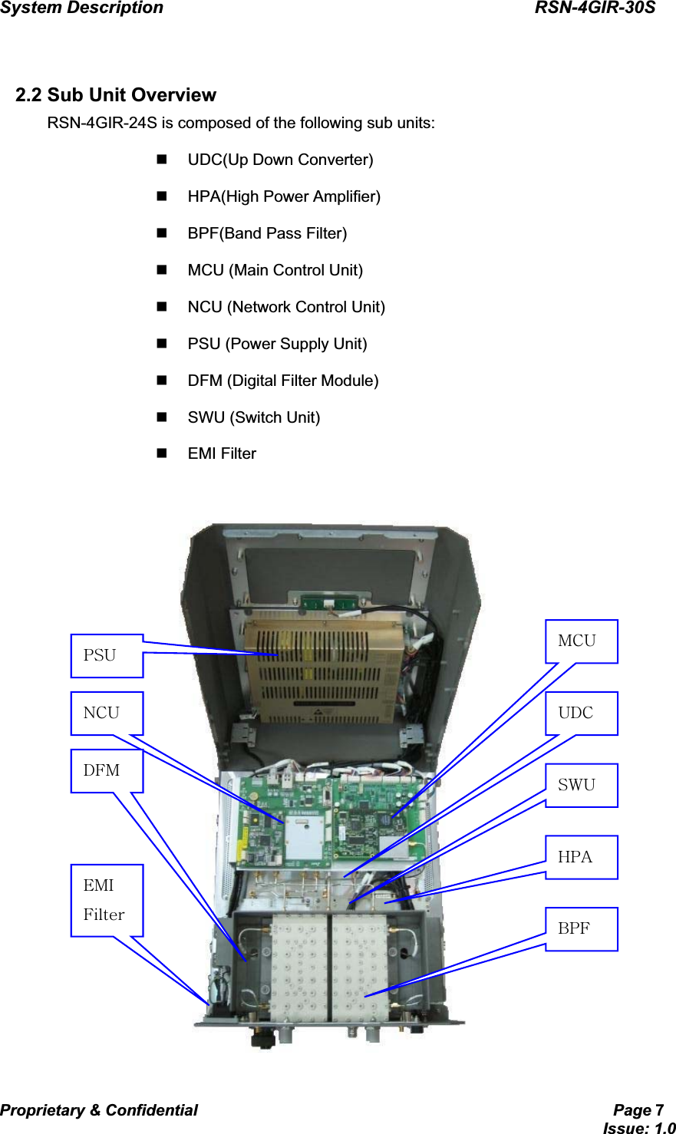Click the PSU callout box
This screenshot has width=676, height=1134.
pos(107,656)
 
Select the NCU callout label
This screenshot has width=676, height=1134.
pos(107,714)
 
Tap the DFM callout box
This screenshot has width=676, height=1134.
pos(107,771)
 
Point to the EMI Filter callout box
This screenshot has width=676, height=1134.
pos(107,900)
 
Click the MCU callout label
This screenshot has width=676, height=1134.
pos(581,641)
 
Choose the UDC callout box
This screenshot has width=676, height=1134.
pos(581,714)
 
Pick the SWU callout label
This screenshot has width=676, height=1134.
pos(581,785)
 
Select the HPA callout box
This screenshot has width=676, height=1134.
pos(581,857)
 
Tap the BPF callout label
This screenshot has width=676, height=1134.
pos(581,929)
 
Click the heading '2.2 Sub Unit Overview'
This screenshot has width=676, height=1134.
pos(116,95)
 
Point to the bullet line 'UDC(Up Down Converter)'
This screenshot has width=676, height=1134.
pos(280,160)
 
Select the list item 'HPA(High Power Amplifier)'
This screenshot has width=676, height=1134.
pos(284,196)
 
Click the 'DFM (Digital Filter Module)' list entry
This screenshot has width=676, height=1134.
pos(282,381)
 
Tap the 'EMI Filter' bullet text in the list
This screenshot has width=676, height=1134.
pos(222,453)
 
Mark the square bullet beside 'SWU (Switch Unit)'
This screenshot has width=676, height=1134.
pos(162,417)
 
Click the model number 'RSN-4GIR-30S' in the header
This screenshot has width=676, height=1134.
pos(595,8)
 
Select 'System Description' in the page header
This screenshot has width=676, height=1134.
pos(82,8)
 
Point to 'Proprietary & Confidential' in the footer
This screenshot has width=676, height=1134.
pos(99,1110)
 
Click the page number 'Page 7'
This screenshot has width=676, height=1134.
pos(638,1110)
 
